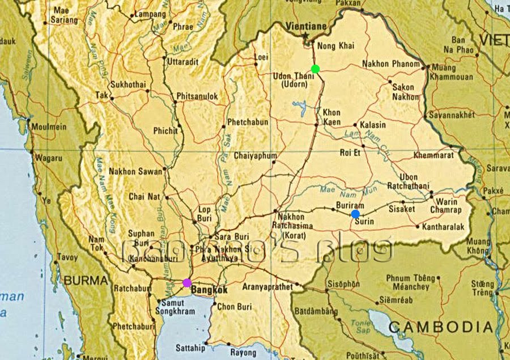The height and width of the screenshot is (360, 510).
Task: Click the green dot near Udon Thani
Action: point(316,69)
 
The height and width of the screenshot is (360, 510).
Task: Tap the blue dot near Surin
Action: point(355,214)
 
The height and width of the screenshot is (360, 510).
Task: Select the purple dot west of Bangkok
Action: point(187,282)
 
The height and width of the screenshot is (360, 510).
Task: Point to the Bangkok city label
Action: point(210,290)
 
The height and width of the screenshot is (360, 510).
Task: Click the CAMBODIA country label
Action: point(440,327)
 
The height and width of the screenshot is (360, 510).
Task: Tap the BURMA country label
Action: point(86,280)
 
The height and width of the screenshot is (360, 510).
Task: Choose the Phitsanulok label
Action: point(197,97)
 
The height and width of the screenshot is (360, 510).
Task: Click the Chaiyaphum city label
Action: point(255,155)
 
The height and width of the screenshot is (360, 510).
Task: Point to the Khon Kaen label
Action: point(331,116)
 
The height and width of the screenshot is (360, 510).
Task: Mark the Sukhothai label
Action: point(128,85)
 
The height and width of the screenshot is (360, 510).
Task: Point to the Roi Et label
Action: point(350,152)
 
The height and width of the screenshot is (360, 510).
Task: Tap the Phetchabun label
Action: point(248,122)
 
